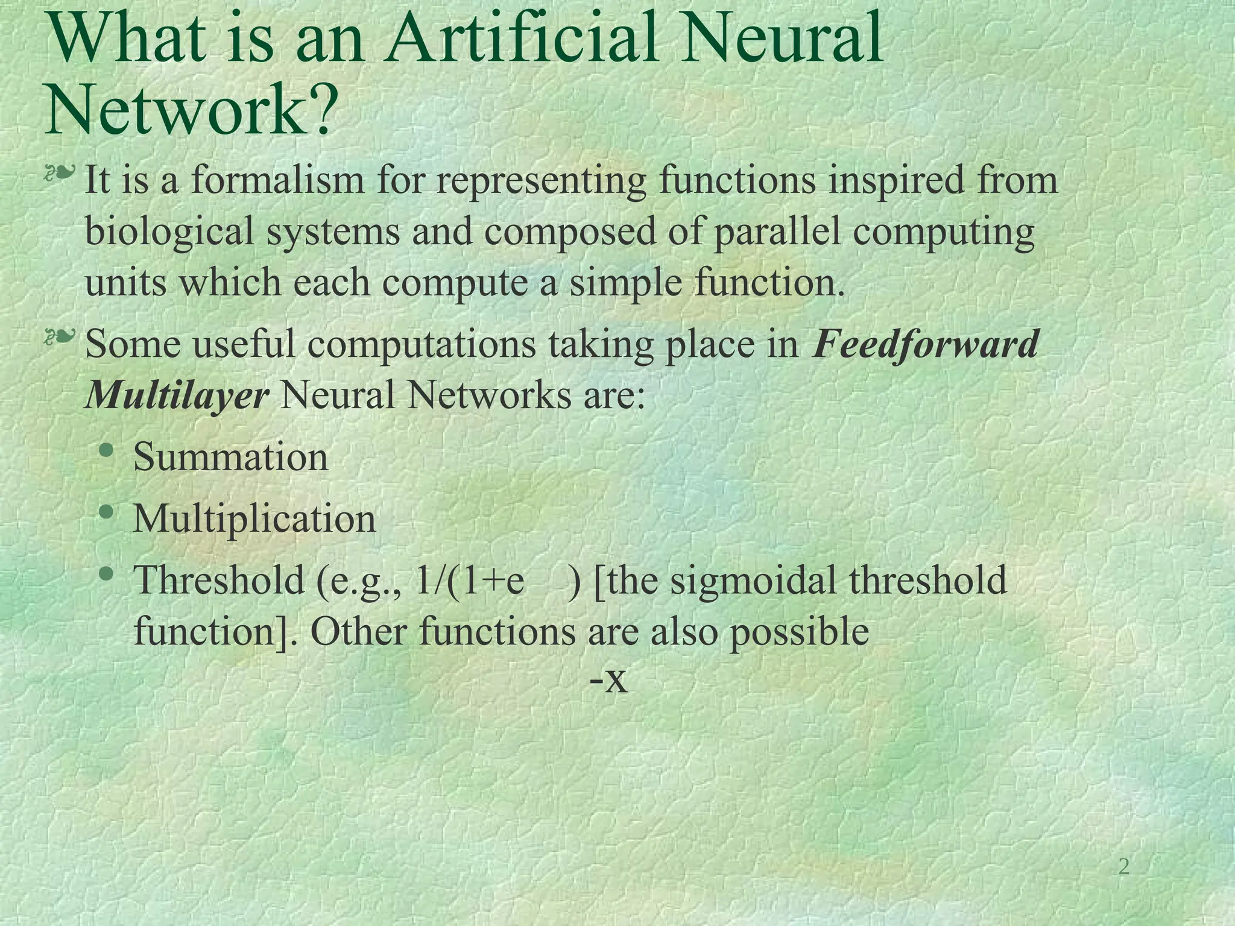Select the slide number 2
tap(1123, 867)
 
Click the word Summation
tap(230, 457)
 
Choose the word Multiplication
tap(254, 518)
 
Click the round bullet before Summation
tap(107, 450)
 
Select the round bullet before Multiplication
tap(107, 512)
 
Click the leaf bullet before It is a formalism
tap(61, 174)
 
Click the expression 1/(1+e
tap(469, 581)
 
